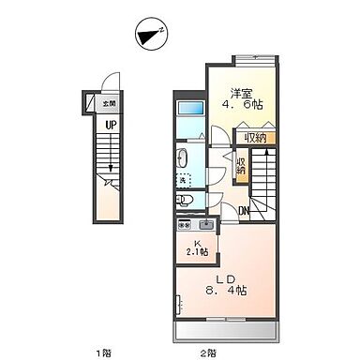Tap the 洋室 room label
242,94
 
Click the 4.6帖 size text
244,109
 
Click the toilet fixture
185,200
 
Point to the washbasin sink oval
183,157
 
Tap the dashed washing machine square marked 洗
184,180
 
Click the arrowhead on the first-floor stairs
111,171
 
